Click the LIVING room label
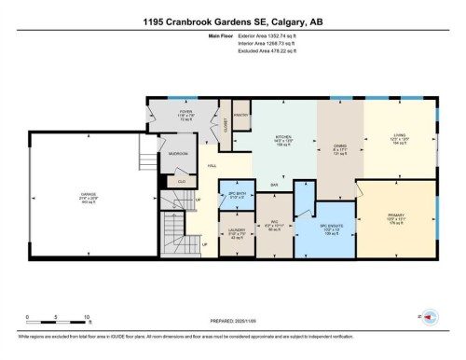tap(398, 140)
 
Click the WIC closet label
tap(273, 225)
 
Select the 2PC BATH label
tap(236, 195)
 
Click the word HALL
tap(212, 166)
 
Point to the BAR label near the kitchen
tap(275, 185)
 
